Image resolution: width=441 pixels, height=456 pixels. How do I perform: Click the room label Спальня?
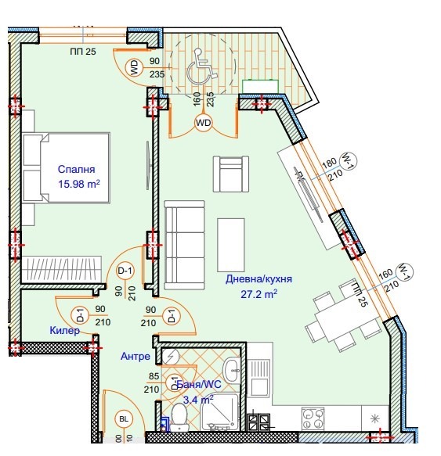[x=76, y=169]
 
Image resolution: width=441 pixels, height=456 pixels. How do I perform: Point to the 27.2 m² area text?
[x=259, y=294]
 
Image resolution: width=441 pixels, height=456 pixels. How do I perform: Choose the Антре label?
[x=135, y=356]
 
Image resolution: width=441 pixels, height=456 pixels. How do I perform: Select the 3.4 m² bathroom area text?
[x=198, y=399]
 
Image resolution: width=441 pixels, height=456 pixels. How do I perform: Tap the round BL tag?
[x=123, y=419]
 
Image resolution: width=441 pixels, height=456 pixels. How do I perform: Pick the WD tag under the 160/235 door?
[x=203, y=123]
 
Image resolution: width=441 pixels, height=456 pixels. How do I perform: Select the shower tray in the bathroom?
[x=220, y=411]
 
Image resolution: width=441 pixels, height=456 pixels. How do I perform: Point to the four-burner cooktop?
[x=313, y=418]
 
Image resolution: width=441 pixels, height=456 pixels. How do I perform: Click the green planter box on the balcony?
[x=256, y=85]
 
